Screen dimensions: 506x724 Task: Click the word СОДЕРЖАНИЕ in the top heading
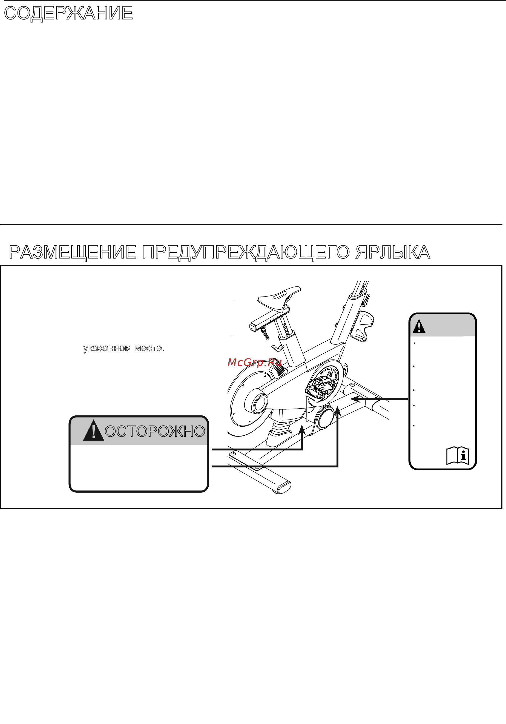tap(68, 13)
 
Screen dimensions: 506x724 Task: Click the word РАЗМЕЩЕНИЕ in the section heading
tap(73, 252)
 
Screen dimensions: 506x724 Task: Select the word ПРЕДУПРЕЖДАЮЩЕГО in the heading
tap(246, 252)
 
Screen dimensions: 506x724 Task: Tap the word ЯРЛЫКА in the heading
tap(393, 252)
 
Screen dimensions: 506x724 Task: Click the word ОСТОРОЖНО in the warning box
tap(155, 431)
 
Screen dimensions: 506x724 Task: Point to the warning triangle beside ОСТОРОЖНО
tap(93, 430)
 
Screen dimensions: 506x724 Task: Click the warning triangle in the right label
tap(419, 326)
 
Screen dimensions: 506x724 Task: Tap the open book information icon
tap(458, 455)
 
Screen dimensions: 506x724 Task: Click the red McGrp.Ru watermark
tap(254, 363)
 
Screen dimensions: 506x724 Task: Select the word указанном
tap(107, 348)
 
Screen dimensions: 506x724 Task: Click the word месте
tap(150, 348)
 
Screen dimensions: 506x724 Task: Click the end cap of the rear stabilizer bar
tap(283, 488)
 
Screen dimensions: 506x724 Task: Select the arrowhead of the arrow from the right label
tap(356, 399)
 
